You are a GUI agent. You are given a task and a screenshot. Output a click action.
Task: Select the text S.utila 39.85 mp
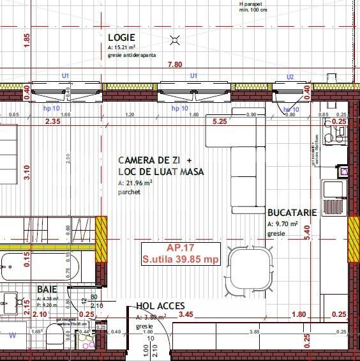181,259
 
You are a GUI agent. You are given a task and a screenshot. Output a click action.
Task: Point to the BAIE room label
47,289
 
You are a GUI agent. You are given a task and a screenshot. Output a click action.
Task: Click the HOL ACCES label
160,307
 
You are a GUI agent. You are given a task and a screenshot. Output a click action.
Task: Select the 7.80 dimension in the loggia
175,65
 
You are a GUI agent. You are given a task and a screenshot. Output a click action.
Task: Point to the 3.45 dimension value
186,314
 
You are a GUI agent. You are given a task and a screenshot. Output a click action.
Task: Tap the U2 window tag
290,77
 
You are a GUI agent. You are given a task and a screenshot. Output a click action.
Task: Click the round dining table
250,269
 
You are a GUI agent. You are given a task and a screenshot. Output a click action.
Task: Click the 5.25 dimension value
220,121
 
